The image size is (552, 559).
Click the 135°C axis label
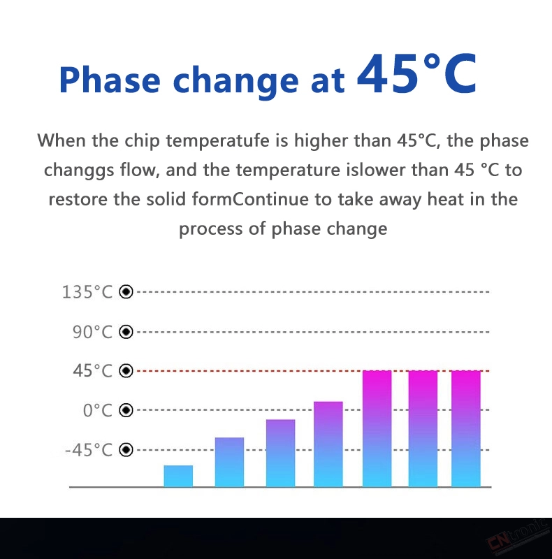tap(87, 292)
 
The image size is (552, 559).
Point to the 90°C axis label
tap(93, 332)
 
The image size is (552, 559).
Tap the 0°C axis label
tap(98, 410)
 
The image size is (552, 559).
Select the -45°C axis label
tap(89, 450)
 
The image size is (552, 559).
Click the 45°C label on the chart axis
tap(93, 371)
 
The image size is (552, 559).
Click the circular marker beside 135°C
tap(126, 291)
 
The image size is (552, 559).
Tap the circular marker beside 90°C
tap(126, 332)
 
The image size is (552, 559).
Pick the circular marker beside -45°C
tap(126, 450)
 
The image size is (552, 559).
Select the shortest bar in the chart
tap(178, 476)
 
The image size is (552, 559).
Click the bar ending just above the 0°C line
tap(328, 444)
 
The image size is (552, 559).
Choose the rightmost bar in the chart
tap(465, 428)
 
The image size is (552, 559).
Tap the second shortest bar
tap(229, 462)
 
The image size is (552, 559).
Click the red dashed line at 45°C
tap(249, 371)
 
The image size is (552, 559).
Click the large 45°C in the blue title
tap(416, 73)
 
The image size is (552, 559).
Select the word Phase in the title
tap(110, 80)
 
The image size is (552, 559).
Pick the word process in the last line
tap(210, 229)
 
